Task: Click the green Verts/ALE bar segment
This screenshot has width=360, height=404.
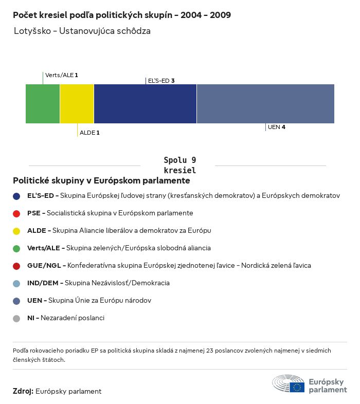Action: [x=43, y=104]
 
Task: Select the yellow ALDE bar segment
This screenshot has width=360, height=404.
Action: [x=77, y=104]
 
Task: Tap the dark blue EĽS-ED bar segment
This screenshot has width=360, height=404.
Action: [x=145, y=104]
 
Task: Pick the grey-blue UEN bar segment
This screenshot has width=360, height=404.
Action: [x=265, y=104]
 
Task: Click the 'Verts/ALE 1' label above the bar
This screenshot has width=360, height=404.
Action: [x=62, y=75]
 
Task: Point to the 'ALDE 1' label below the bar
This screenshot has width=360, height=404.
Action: [x=89, y=133]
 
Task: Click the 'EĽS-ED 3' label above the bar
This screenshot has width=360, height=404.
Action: [x=161, y=81]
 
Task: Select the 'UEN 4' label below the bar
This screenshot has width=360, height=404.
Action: [x=277, y=127]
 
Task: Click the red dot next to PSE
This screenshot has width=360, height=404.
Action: [x=16, y=213]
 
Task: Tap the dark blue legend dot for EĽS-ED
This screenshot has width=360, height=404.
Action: [x=16, y=196]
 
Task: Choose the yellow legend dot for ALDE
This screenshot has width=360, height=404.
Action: [x=16, y=231]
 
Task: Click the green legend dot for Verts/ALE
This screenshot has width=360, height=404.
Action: [x=16, y=248]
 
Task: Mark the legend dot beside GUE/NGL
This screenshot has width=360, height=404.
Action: [x=16, y=266]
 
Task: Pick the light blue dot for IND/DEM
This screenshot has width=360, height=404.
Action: [x=16, y=283]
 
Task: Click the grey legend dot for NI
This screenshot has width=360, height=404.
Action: [x=16, y=318]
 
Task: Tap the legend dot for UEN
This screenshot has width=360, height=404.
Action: [x=16, y=301]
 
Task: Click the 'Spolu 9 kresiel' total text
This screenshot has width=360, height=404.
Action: [x=179, y=165]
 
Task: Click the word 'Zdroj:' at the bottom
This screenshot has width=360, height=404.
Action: [x=23, y=391]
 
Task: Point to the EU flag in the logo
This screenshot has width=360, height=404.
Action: [x=297, y=387]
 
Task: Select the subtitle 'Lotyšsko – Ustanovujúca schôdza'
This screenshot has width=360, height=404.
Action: [x=82, y=31]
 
